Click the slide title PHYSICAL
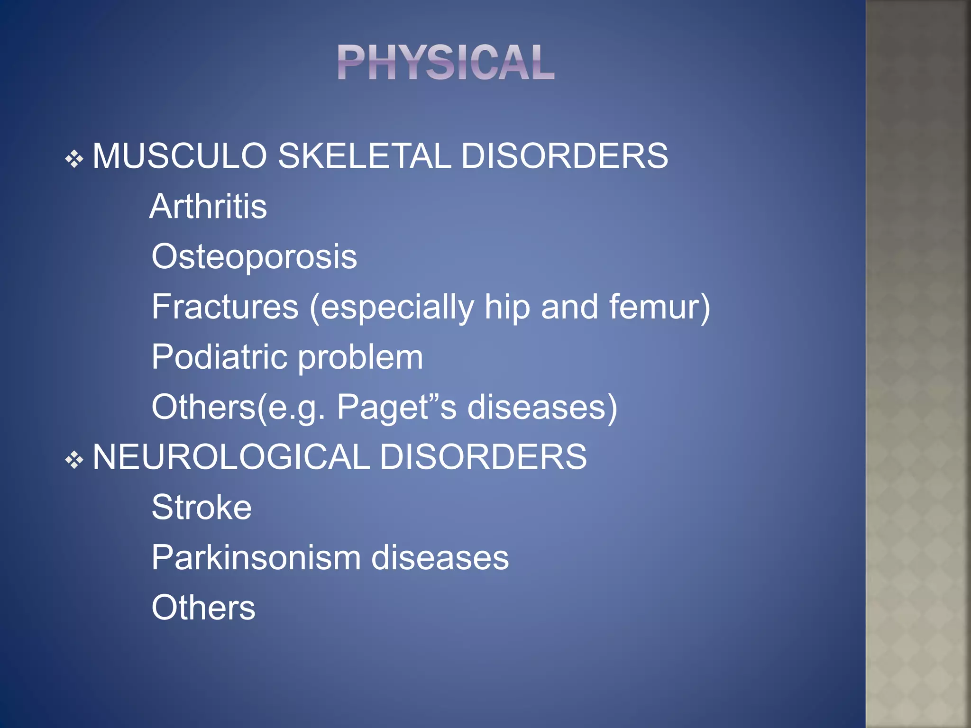(x=446, y=63)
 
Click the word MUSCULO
(x=180, y=156)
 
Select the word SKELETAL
(x=364, y=156)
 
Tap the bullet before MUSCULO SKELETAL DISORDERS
(x=74, y=159)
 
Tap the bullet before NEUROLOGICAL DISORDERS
(x=74, y=460)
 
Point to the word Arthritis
(x=208, y=207)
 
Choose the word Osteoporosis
(x=254, y=257)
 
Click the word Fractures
(x=225, y=307)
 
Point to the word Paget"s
(x=396, y=408)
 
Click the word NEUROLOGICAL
(x=231, y=457)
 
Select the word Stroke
(x=202, y=508)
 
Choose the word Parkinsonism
(x=256, y=557)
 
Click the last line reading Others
(x=203, y=608)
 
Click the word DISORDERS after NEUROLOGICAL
(x=483, y=457)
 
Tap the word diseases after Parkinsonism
(x=440, y=557)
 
